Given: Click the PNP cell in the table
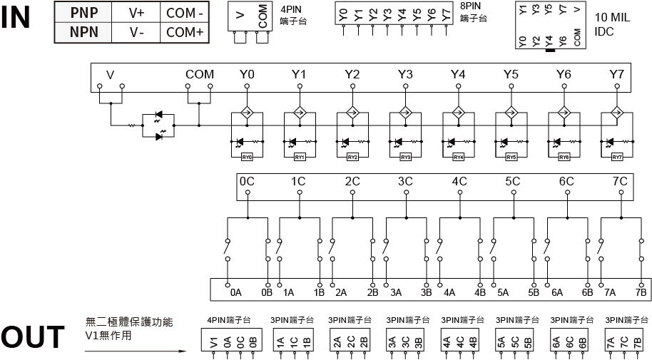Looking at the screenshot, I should point(84,13).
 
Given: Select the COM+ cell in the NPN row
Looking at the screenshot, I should point(185,32).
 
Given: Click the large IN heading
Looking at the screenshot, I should point(16,18).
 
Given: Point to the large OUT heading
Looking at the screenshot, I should point(32,339).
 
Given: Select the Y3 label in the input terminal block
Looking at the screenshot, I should point(405,74).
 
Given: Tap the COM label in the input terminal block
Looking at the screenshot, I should point(199,74).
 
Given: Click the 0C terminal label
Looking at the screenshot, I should point(247,181).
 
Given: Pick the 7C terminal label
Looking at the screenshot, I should point(620,181).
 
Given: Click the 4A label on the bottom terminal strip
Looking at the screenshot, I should point(449,292).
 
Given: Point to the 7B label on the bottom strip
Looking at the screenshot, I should point(640,292).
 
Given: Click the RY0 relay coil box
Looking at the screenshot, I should point(248,157).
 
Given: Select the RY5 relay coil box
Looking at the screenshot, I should point(511,157).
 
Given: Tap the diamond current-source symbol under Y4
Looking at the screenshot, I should point(458,112).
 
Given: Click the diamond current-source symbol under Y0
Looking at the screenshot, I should point(247,112).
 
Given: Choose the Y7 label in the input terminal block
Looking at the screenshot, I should point(616,74).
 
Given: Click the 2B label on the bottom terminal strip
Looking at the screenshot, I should point(372,292).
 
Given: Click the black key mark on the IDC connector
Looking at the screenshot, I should point(549,51).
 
